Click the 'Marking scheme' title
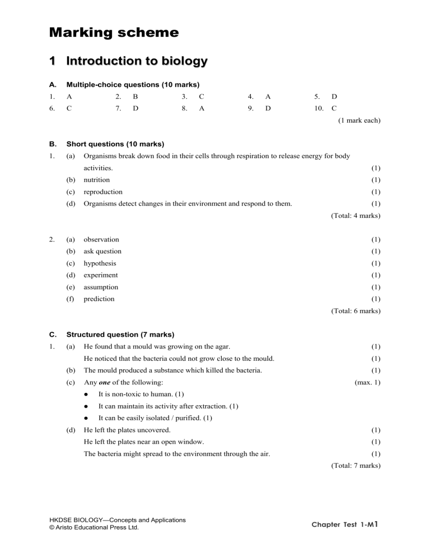(114, 33)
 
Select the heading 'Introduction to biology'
(137, 61)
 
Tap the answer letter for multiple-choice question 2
(135, 97)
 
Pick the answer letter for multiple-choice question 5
(334, 97)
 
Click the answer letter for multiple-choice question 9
(268, 109)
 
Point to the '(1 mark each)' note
(359, 120)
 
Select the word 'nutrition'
(96, 180)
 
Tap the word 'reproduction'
(103, 192)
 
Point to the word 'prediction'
(99, 299)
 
